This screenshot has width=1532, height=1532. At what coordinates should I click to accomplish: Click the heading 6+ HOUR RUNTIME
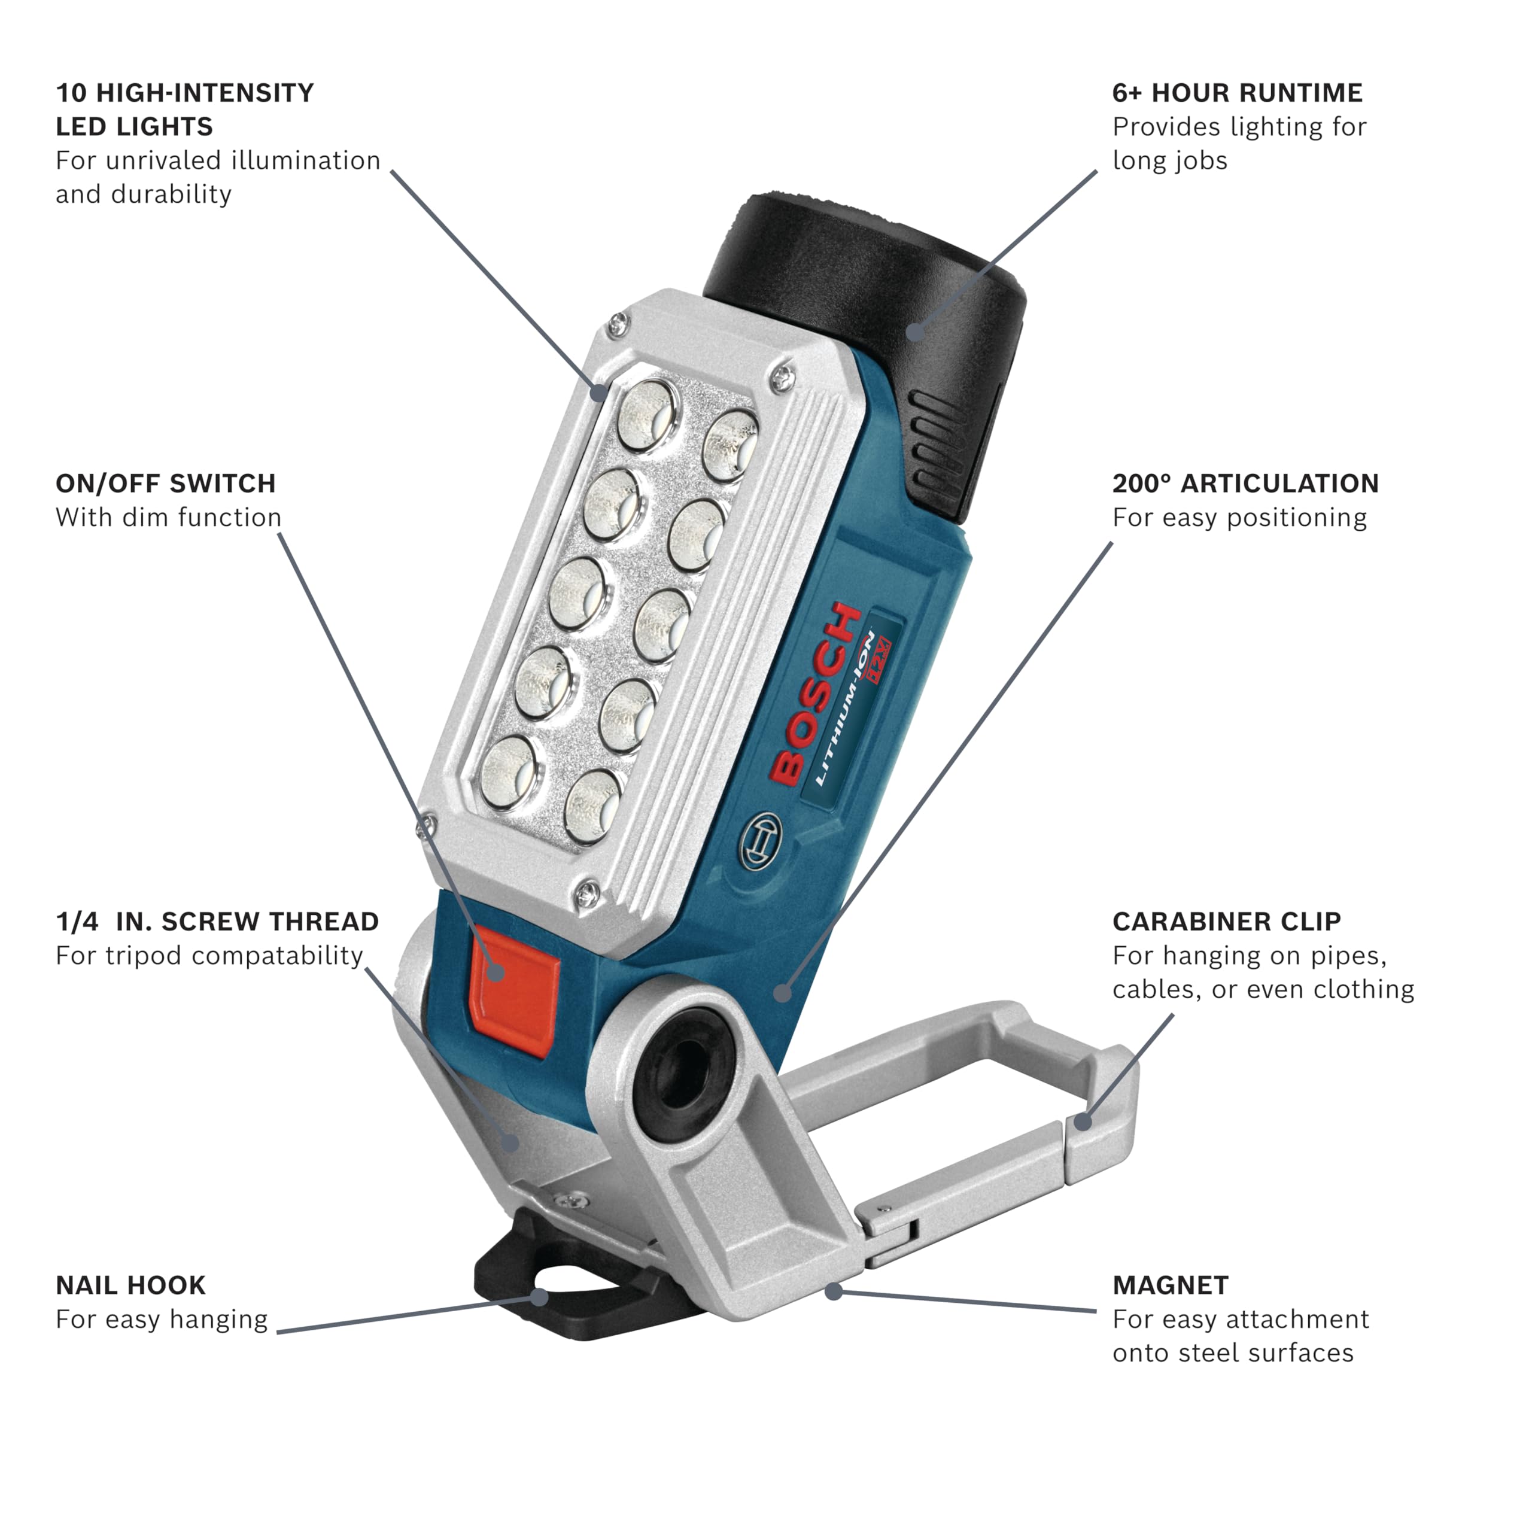(1236, 93)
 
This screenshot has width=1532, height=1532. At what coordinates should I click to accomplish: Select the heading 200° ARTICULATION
(1245, 483)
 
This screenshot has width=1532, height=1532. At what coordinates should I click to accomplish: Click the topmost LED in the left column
(649, 415)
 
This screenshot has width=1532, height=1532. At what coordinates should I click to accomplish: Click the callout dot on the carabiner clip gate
(1083, 1121)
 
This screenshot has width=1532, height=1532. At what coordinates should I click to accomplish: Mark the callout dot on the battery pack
(915, 331)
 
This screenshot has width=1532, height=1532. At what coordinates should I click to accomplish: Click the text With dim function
(168, 517)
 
